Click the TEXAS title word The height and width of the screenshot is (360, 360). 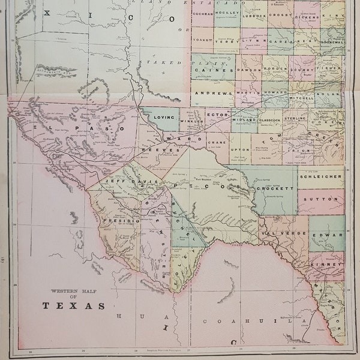pos(69,305)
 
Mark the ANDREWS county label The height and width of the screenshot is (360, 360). pos(212,94)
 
